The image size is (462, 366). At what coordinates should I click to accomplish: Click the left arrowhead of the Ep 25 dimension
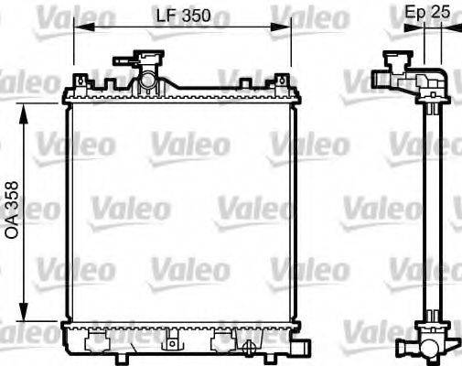coord(413,28)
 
